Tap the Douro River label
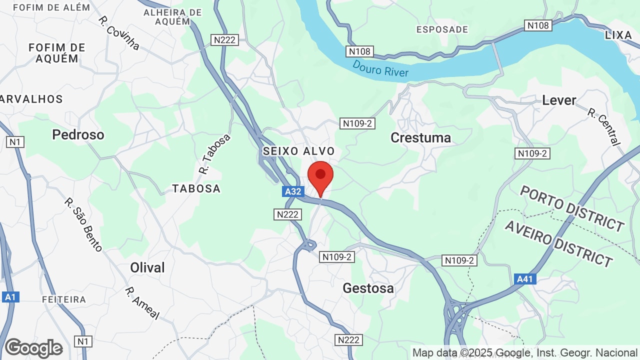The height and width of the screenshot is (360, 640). click(x=380, y=69)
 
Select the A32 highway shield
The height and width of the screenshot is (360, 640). click(x=293, y=191)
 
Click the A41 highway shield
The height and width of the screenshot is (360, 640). click(x=524, y=279)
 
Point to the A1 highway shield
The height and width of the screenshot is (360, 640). click(x=10, y=297)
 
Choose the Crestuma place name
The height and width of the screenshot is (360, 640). click(x=420, y=137)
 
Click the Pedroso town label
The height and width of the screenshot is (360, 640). click(x=78, y=134)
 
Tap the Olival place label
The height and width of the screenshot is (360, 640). click(x=147, y=267)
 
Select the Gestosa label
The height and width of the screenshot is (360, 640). click(x=368, y=288)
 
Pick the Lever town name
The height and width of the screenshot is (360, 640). click(x=559, y=100)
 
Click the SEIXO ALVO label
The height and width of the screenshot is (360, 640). click(x=299, y=151)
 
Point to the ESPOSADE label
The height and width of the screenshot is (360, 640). click(x=442, y=29)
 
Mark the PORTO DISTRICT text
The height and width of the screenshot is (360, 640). click(x=572, y=208)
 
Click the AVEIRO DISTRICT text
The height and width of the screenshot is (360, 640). click(x=558, y=243)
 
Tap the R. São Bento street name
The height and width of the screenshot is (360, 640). click(x=83, y=224)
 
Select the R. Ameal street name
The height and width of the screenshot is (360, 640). click(x=142, y=303)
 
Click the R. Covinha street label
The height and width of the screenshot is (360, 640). click(x=118, y=33)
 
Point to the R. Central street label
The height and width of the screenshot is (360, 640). click(x=604, y=127)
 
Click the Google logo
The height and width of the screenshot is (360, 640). click(x=33, y=348)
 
